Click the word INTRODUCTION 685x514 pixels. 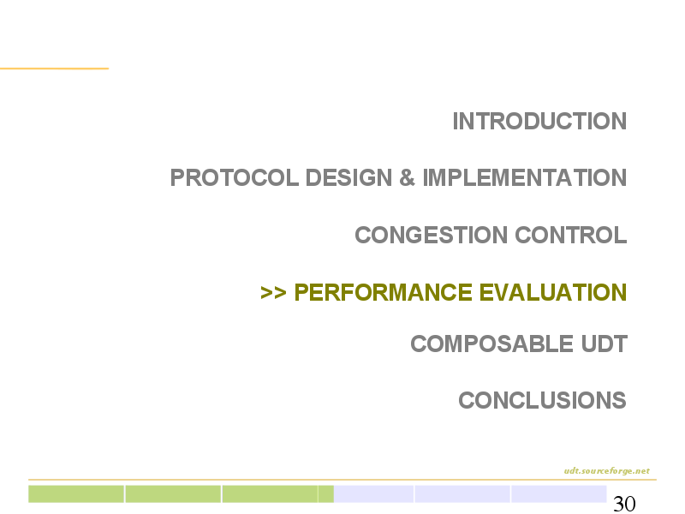click(x=539, y=121)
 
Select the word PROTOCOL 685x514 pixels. click(x=234, y=177)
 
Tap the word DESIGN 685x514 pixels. click(x=348, y=177)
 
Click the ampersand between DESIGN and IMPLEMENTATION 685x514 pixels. click(x=407, y=177)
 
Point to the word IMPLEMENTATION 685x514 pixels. click(x=525, y=177)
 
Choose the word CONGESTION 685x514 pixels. click(x=432, y=235)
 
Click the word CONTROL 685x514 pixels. click(x=571, y=235)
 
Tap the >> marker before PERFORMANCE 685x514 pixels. click(x=273, y=292)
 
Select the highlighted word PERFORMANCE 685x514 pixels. click(x=383, y=292)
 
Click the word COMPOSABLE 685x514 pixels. click(x=491, y=344)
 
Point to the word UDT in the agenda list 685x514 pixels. click(x=605, y=344)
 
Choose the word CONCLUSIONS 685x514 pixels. click(x=542, y=400)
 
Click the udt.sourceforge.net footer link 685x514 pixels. click(x=607, y=470)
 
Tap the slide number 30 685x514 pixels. click(x=624, y=504)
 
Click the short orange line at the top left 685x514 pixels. click(x=54, y=69)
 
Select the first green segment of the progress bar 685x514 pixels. click(x=76, y=494)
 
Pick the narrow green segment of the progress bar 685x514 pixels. click(x=326, y=494)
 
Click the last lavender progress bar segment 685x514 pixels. click(x=559, y=494)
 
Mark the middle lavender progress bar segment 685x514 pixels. click(x=462, y=494)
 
